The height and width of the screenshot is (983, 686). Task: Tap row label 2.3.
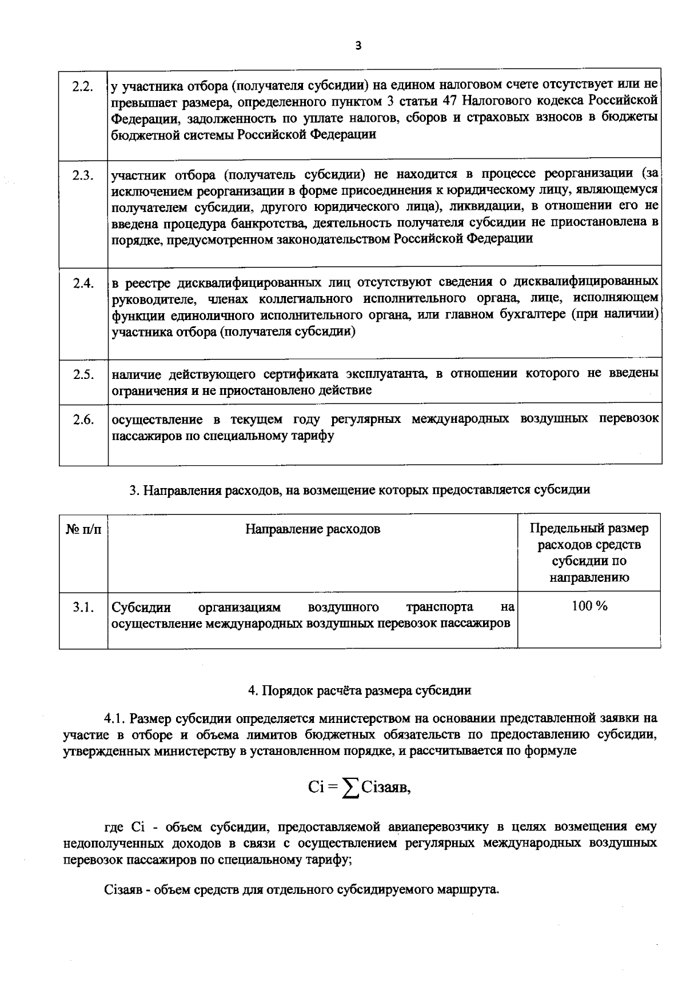(x=83, y=175)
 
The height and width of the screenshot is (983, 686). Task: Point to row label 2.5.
(x=83, y=375)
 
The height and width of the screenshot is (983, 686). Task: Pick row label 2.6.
(x=83, y=420)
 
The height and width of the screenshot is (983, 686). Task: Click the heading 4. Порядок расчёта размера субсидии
(x=360, y=690)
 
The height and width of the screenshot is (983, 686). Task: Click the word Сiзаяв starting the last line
(x=123, y=890)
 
